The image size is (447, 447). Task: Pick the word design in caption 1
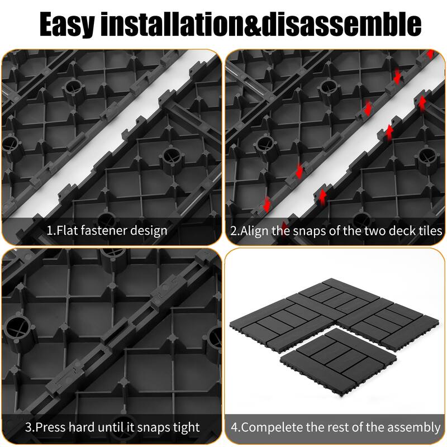pos(149,230)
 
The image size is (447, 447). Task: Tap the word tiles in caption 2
pos(429,230)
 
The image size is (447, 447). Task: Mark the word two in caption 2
pos(370,230)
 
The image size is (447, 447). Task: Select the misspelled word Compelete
pos(271,427)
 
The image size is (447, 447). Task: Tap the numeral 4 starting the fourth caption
pos(235,427)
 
